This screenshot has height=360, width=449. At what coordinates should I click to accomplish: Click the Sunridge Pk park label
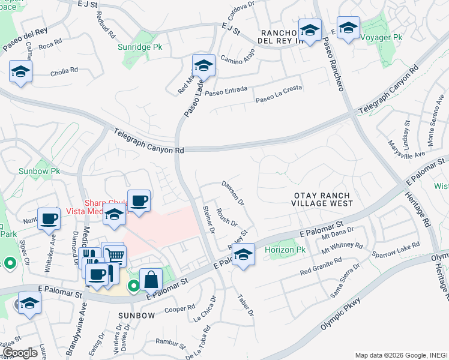[x=140, y=46]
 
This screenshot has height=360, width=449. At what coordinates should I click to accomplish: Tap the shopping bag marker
[x=151, y=280]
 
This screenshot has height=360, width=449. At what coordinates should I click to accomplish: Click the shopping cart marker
[x=114, y=256]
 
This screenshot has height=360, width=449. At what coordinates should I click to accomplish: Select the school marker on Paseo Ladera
[x=203, y=65]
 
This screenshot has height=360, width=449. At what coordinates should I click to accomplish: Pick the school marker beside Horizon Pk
[x=244, y=254]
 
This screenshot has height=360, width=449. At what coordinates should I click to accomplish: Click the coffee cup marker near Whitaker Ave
[x=49, y=219]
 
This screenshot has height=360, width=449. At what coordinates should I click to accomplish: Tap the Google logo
[x=20, y=353]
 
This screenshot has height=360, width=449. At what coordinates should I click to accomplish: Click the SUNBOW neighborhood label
[x=133, y=314]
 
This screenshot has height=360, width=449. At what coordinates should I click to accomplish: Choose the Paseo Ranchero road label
[x=333, y=66]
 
